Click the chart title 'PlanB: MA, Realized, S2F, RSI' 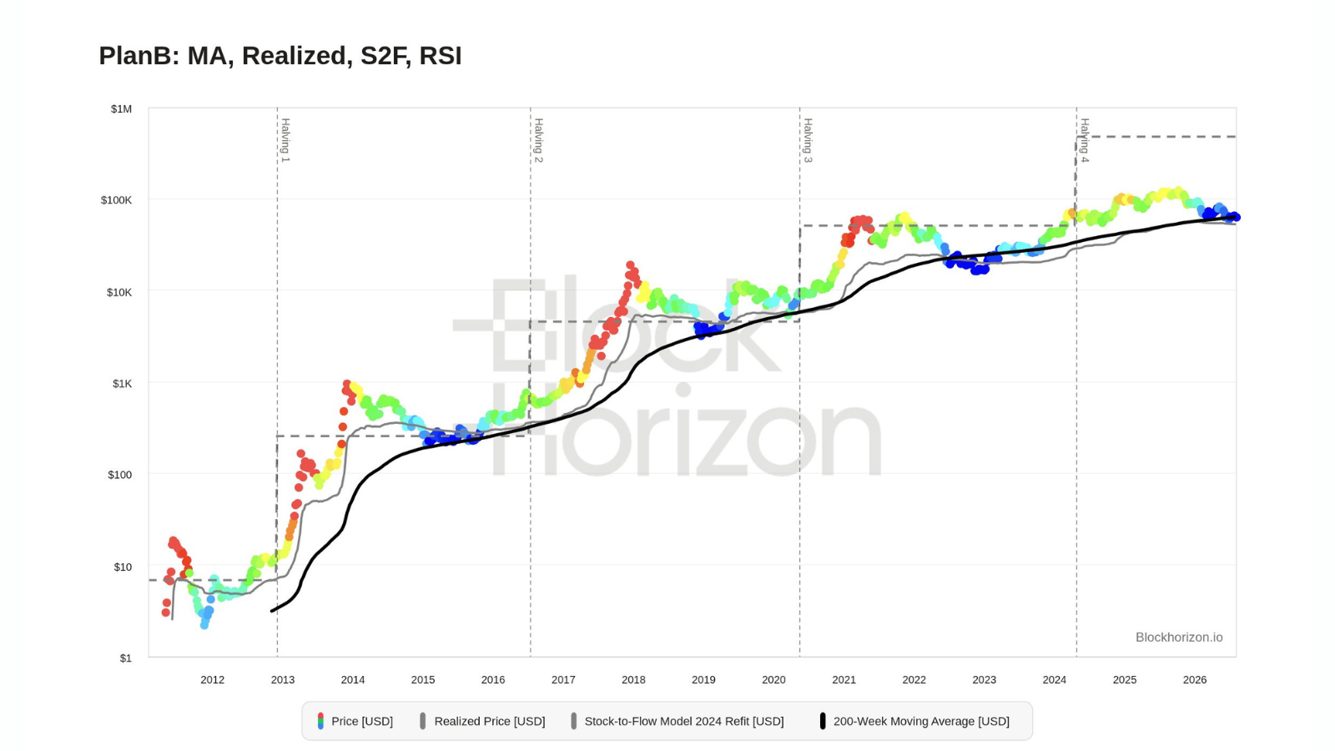coord(280,55)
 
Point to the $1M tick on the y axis coord(121,109)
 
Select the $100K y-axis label coord(116,200)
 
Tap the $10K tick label coord(119,292)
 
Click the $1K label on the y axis coord(122,383)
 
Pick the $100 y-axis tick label coord(120,475)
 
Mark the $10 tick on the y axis coord(123,567)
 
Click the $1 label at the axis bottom coord(126,658)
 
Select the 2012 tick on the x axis coord(212,680)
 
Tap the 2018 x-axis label coord(633,680)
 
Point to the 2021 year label coord(844,680)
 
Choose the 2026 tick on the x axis coord(1195,680)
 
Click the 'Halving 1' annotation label coord(285,141)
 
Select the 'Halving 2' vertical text coord(539,141)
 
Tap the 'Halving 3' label coord(809,141)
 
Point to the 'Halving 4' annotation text coord(1085,141)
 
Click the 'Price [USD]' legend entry coord(355,721)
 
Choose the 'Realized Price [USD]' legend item coord(483,721)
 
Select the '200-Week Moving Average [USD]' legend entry coord(914,721)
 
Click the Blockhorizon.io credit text coord(1179,638)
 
